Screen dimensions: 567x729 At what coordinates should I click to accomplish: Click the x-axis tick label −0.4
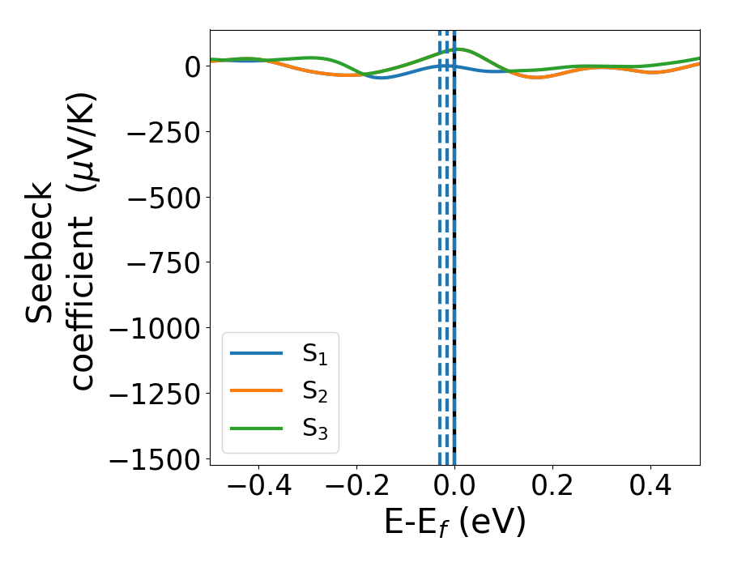(x=258, y=488)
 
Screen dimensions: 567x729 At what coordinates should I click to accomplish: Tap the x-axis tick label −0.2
(x=356, y=488)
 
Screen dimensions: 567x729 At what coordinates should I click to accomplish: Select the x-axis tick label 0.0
(x=454, y=488)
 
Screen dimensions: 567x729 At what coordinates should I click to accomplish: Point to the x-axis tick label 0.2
(x=552, y=488)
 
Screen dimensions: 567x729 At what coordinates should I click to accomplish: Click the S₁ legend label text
(x=316, y=354)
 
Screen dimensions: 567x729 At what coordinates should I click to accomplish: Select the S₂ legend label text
(x=316, y=391)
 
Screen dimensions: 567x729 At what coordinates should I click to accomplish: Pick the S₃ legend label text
(x=316, y=428)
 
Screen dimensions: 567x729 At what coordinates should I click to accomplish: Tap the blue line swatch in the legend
(x=256, y=353)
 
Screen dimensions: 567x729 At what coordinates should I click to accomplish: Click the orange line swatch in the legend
(x=256, y=390)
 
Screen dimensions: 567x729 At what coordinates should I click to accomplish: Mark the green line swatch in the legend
(x=256, y=428)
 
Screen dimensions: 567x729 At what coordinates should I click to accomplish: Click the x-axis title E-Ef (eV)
(x=454, y=523)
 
